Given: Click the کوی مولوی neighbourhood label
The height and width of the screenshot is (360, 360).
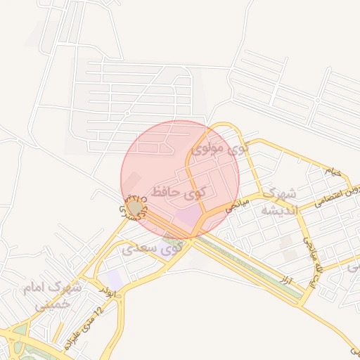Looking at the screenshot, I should [219, 149].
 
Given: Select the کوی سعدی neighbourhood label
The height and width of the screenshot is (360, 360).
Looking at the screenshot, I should [152, 247].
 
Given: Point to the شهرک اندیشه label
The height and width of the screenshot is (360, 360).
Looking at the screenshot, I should [280, 201].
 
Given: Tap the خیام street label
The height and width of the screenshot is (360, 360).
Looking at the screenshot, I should [332, 171].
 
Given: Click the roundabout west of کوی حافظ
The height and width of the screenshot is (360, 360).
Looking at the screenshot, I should [134, 208].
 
